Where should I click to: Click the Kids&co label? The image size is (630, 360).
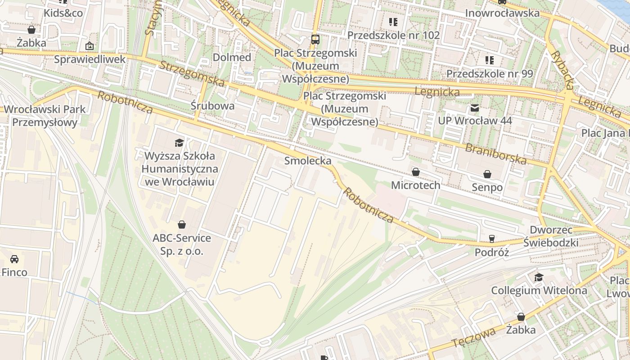pyautogui.click(x=63, y=13)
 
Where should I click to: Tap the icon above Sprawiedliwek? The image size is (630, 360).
pyautogui.click(x=90, y=45)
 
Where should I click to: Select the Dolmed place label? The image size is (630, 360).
pyautogui.click(x=232, y=57)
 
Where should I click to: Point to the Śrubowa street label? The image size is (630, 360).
pyautogui.click(x=212, y=106)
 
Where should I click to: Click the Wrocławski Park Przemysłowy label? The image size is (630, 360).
pyautogui.click(x=45, y=116)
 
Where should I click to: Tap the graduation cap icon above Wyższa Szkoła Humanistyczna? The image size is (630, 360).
pyautogui.click(x=180, y=143)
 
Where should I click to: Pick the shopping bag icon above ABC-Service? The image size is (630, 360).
pyautogui.click(x=182, y=224)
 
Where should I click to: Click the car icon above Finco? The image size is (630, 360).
pyautogui.click(x=14, y=259)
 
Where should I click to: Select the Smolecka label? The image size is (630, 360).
pyautogui.click(x=308, y=161)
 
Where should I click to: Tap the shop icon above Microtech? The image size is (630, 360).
pyautogui.click(x=416, y=172)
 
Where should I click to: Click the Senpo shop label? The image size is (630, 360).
pyautogui.click(x=487, y=187)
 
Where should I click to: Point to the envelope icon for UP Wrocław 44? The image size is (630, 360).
pyautogui.click(x=475, y=108)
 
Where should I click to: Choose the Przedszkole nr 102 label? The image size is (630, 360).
pyautogui.click(x=393, y=35)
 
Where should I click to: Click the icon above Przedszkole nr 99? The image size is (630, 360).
pyautogui.click(x=490, y=60)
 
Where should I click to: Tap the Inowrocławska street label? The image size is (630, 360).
pyautogui.click(x=502, y=13)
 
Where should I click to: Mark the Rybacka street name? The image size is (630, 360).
pyautogui.click(x=563, y=70)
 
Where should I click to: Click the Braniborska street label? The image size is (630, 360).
pyautogui.click(x=495, y=154)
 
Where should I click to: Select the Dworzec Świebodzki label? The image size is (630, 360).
pyautogui.click(x=551, y=236)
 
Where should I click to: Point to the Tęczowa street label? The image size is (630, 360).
pyautogui.click(x=473, y=337)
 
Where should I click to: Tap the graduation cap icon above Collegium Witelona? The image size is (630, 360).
pyautogui.click(x=539, y=277)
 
